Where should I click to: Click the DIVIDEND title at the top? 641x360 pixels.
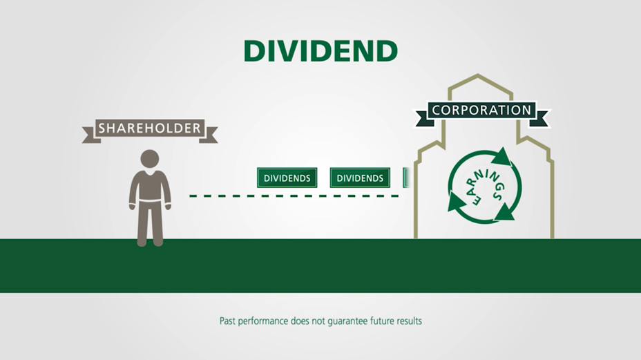[x=320, y=50]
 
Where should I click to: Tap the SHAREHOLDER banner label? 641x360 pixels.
[x=150, y=128]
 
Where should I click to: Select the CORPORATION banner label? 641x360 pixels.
[x=481, y=110]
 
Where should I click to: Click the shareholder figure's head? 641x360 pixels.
[x=150, y=159]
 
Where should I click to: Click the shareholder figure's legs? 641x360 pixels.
[x=150, y=225]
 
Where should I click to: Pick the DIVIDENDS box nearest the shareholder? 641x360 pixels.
[x=287, y=178]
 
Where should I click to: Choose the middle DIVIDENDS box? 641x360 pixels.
[x=360, y=178]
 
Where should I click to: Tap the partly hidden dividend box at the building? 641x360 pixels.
[x=407, y=178]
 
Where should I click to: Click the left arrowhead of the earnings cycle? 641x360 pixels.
[x=457, y=202]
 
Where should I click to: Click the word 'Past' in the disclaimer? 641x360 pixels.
[x=229, y=321]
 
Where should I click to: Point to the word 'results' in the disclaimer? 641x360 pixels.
[x=407, y=321]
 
